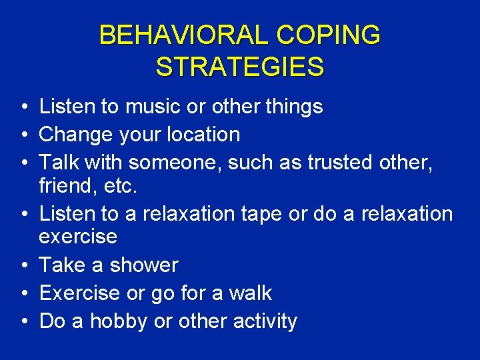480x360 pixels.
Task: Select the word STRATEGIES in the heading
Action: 240,67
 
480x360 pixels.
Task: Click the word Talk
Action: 59,163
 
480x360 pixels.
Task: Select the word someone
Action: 173,163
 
